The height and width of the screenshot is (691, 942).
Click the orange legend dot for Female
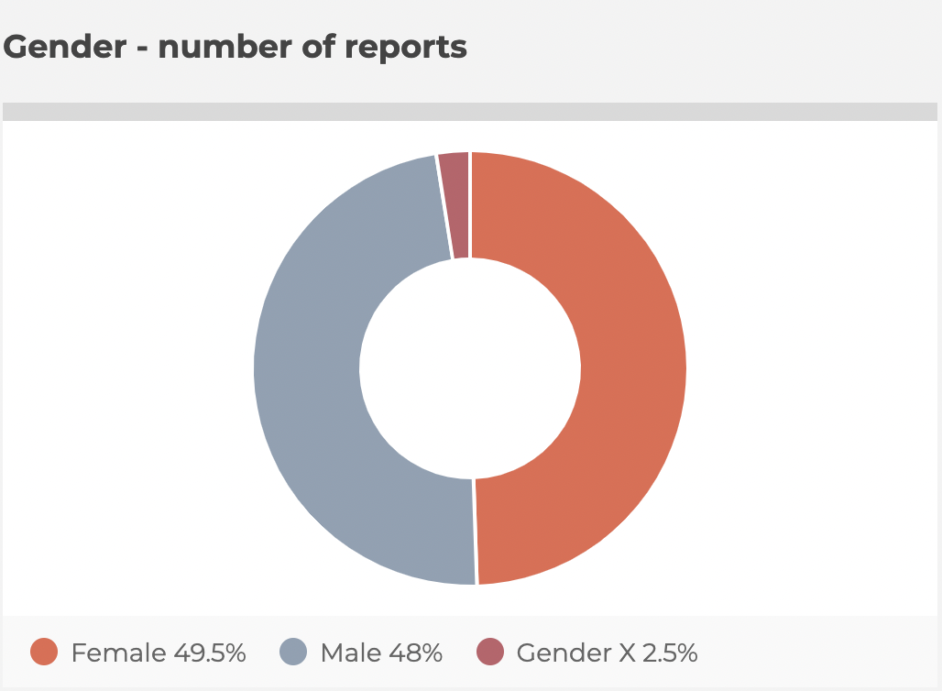(x=44, y=653)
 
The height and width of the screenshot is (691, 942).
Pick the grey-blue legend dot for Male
(x=291, y=653)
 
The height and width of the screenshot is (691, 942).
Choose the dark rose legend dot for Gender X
(x=490, y=653)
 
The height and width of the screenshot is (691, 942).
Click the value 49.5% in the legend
(x=209, y=653)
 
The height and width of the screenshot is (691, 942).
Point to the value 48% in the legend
(x=416, y=653)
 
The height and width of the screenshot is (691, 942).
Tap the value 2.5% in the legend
(x=670, y=653)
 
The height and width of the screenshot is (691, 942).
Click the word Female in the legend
(x=115, y=653)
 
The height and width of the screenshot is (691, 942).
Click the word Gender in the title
(x=63, y=47)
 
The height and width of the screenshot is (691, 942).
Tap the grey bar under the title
(x=470, y=112)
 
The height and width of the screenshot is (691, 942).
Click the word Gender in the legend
(x=562, y=653)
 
